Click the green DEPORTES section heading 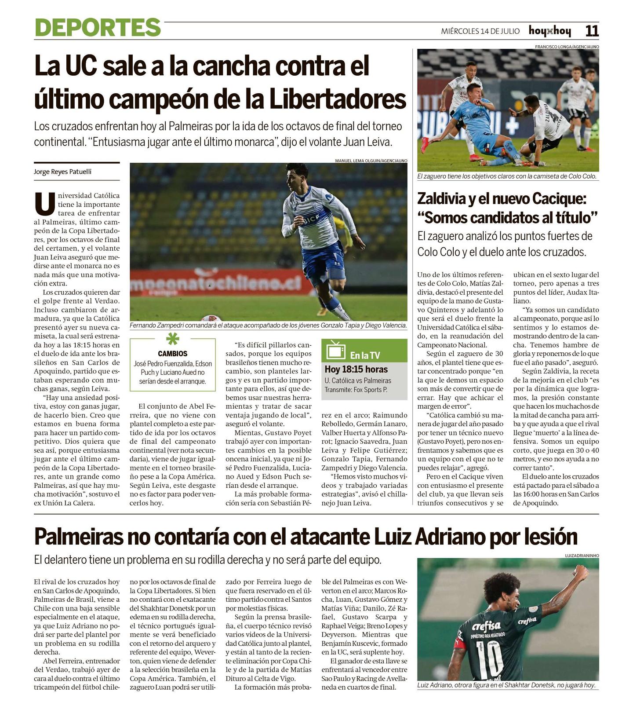point(98,27)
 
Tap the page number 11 point(592,31)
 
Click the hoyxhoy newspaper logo point(549,31)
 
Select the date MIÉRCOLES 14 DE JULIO point(480,31)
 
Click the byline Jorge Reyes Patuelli point(62,172)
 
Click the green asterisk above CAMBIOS point(172,339)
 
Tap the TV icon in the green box point(335,350)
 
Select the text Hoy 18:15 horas point(356,369)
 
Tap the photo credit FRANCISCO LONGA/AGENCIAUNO point(567,47)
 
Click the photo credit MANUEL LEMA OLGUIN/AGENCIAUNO point(371,161)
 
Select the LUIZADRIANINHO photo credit point(582,556)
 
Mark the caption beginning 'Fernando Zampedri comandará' point(268,326)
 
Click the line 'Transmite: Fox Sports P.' point(356,390)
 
